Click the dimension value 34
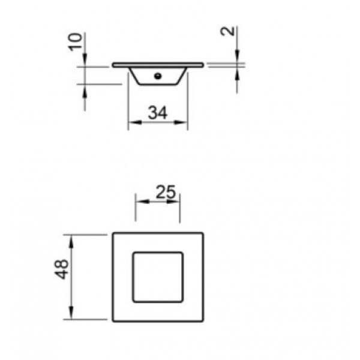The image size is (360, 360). point(157,112)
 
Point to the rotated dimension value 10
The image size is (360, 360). point(76,43)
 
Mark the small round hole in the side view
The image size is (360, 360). point(158,76)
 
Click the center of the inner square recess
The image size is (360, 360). point(158,277)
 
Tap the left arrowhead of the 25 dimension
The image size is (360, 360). point(139,202)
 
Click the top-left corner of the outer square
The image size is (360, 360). point(113,233)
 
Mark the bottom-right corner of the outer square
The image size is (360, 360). point(203,321)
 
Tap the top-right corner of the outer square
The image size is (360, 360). point(203,233)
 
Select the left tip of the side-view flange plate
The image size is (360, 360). point(113,64)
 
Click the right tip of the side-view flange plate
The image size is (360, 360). point(203,64)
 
